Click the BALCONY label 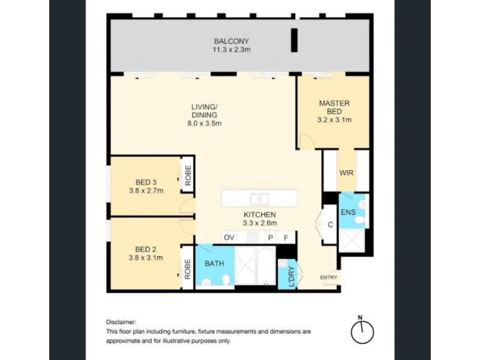(231, 41)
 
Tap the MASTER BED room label (334, 107)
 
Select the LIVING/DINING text (204, 111)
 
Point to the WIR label (346, 173)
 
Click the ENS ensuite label (348, 212)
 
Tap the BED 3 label (146, 182)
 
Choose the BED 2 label (146, 249)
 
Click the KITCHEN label (260, 215)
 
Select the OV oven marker (229, 238)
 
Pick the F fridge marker (286, 238)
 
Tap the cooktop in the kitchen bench (253, 238)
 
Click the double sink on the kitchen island (259, 199)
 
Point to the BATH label (214, 263)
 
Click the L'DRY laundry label (292, 277)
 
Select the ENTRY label (328, 277)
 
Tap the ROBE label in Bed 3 (188, 175)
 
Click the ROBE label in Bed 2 (187, 269)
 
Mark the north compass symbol (362, 330)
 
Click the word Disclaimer (121, 322)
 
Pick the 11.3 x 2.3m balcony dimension (232, 50)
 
